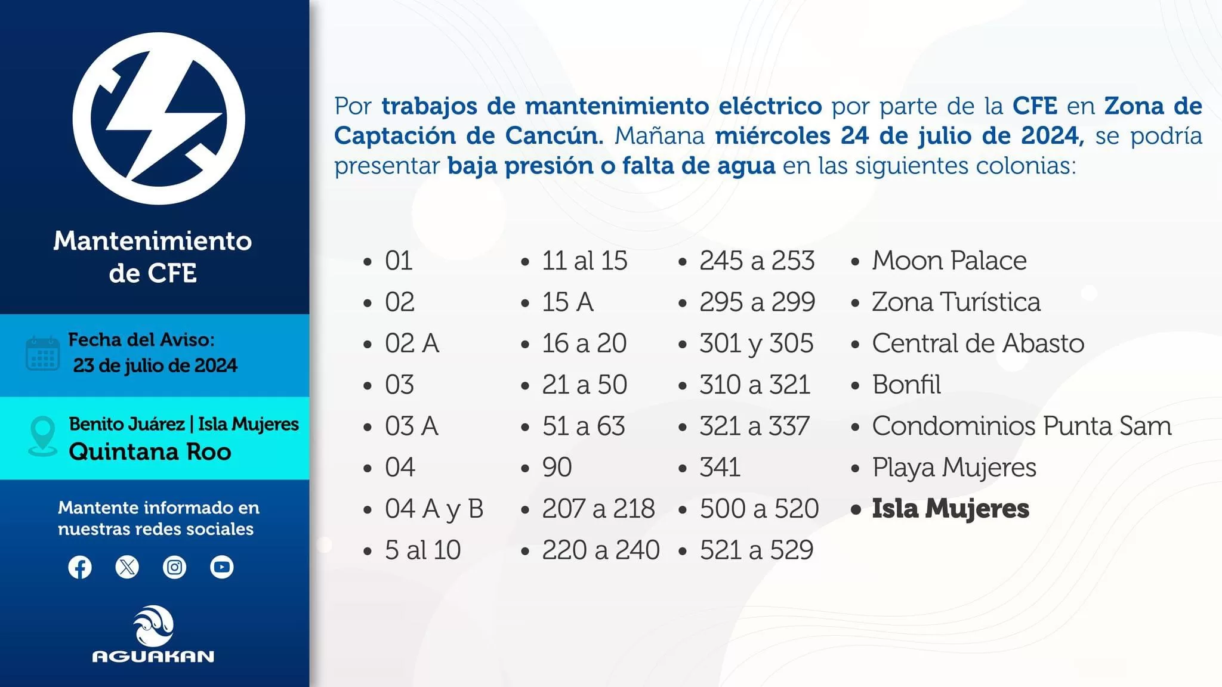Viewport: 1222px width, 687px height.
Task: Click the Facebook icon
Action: pyautogui.click(x=80, y=567)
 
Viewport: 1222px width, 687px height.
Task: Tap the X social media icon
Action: pyautogui.click(x=127, y=567)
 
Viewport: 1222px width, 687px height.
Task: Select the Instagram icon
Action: pyautogui.click(x=174, y=567)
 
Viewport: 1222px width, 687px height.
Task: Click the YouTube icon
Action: pyautogui.click(x=222, y=567)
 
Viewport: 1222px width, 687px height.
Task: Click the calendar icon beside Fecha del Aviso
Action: pyautogui.click(x=43, y=354)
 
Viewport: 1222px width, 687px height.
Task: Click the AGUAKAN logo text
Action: pyautogui.click(x=153, y=657)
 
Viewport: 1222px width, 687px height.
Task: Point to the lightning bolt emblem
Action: pyautogui.click(x=159, y=119)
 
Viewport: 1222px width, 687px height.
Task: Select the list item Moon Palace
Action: pyautogui.click(x=949, y=261)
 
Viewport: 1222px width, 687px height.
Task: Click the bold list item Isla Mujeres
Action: pyautogui.click(x=951, y=509)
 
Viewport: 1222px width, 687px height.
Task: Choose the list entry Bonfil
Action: pyautogui.click(x=906, y=385)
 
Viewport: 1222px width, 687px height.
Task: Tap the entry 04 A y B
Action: pyautogui.click(x=434, y=509)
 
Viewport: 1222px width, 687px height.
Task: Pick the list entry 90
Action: pyautogui.click(x=557, y=468)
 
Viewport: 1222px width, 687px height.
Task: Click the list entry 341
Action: pyautogui.click(x=720, y=468)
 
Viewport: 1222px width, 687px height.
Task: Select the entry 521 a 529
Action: pyautogui.click(x=757, y=550)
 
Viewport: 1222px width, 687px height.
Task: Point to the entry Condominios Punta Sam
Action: pyautogui.click(x=1022, y=426)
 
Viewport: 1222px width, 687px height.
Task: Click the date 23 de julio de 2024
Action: pyautogui.click(x=155, y=365)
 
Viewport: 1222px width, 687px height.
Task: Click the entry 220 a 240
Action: pyautogui.click(x=601, y=550)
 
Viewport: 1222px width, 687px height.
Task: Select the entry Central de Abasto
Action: pyautogui.click(x=978, y=343)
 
